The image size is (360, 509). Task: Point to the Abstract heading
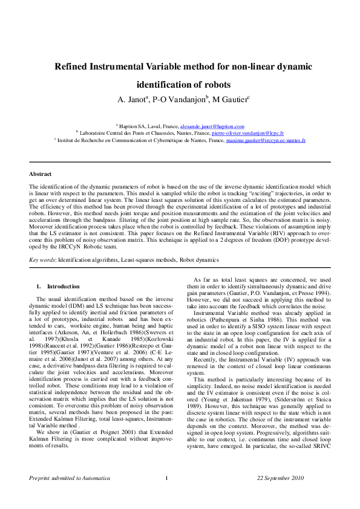(41, 173)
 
